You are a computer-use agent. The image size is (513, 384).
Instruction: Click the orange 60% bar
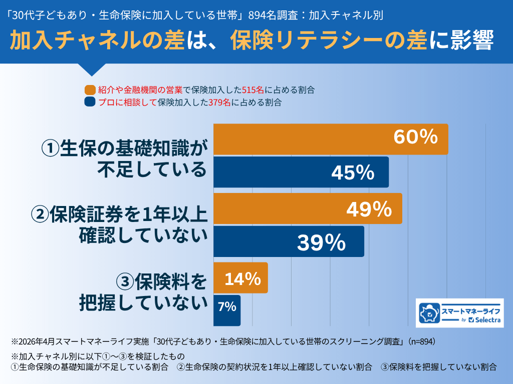[x=331, y=139]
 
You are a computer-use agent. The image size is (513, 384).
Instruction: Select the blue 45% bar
[x=301, y=172]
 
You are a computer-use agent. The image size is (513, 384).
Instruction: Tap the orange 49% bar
[x=308, y=208]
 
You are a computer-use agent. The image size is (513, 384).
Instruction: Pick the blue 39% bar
[x=289, y=241]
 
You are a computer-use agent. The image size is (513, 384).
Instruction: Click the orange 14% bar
[x=240, y=278]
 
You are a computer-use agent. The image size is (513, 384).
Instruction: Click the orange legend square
[x=90, y=90]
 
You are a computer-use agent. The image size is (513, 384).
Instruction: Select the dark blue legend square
[x=90, y=103]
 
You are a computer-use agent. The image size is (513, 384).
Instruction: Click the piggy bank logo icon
[x=429, y=313]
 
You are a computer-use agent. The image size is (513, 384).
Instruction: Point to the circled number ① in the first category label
[x=50, y=148]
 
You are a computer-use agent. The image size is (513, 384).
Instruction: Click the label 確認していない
[x=143, y=235]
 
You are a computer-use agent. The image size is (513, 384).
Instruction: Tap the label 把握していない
[x=143, y=302]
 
